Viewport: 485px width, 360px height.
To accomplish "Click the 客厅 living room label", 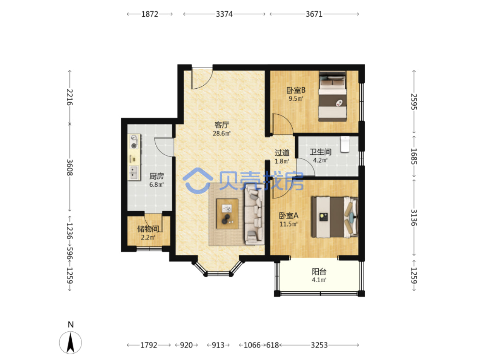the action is (x=221, y=125).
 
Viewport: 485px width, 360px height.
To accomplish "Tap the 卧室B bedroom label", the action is (x=296, y=90).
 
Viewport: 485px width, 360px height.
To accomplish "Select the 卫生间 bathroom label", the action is (x=320, y=152).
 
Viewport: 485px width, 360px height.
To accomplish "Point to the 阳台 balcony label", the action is (x=319, y=271).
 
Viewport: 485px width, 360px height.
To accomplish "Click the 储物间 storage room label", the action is (x=148, y=229).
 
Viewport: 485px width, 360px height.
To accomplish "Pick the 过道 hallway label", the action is (x=282, y=152).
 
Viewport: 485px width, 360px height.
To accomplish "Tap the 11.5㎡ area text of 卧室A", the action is (x=289, y=224).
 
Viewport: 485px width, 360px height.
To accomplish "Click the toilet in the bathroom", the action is (x=345, y=144).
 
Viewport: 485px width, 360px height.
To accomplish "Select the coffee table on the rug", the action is (x=227, y=214).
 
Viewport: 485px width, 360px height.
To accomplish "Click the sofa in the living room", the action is (x=255, y=214).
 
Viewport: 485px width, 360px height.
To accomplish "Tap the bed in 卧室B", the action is (x=332, y=96).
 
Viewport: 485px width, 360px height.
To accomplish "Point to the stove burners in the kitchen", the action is (x=134, y=142).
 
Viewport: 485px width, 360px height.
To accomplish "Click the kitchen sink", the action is (x=134, y=173).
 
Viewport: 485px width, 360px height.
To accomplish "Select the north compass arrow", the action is (x=70, y=343).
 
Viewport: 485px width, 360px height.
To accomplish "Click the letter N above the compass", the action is (x=71, y=324).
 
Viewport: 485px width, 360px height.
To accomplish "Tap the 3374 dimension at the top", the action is (x=224, y=14).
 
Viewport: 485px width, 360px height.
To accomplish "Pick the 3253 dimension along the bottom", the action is (x=319, y=345).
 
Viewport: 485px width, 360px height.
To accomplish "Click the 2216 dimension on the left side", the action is (x=70, y=97).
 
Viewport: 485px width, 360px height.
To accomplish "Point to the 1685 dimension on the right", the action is (x=414, y=156).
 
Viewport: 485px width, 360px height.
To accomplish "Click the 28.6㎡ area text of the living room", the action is (x=221, y=133).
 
